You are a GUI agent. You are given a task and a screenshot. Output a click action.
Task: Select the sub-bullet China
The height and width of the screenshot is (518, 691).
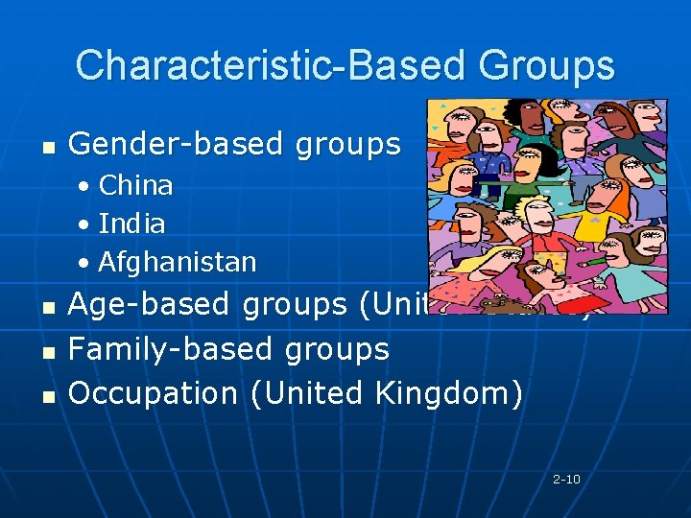coord(135,185)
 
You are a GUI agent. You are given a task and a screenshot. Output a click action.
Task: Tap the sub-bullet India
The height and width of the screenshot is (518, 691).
coord(131,224)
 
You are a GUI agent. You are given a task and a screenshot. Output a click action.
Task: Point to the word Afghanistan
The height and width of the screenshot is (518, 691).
coord(178,261)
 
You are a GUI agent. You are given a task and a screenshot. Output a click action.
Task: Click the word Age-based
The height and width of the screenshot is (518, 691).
coord(150,304)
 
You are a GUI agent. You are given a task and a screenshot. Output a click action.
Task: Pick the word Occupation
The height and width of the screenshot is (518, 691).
coord(153,392)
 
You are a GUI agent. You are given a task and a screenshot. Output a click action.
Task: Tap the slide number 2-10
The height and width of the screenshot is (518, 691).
coord(566,479)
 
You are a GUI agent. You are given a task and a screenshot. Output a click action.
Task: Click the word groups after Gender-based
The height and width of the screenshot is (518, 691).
coord(347,144)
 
